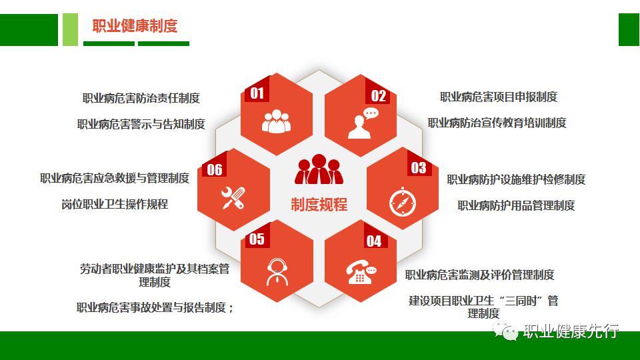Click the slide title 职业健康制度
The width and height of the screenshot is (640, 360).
click(135, 26)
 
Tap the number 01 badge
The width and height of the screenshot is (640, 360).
click(257, 93)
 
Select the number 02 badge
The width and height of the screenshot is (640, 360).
click(378, 96)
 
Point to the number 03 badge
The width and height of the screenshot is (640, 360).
click(419, 168)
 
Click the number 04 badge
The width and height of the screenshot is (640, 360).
click(374, 241)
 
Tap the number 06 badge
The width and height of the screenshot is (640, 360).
click(215, 169)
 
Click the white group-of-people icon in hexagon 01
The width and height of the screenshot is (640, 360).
click(276, 121)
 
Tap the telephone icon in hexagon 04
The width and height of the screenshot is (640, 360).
click(361, 273)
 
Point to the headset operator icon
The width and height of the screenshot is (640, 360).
click(277, 272)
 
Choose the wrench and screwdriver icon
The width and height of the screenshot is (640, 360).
click(233, 198)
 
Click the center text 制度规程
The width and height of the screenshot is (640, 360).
click(319, 204)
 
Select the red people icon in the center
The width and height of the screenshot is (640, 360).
click(319, 169)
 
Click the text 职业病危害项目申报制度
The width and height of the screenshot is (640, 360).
click(499, 97)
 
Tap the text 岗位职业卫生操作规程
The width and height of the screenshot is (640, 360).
click(115, 204)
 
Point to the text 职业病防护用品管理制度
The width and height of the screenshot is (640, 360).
click(516, 205)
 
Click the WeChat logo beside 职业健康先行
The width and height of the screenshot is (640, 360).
click(505, 330)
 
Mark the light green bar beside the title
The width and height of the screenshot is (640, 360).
click(70, 29)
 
